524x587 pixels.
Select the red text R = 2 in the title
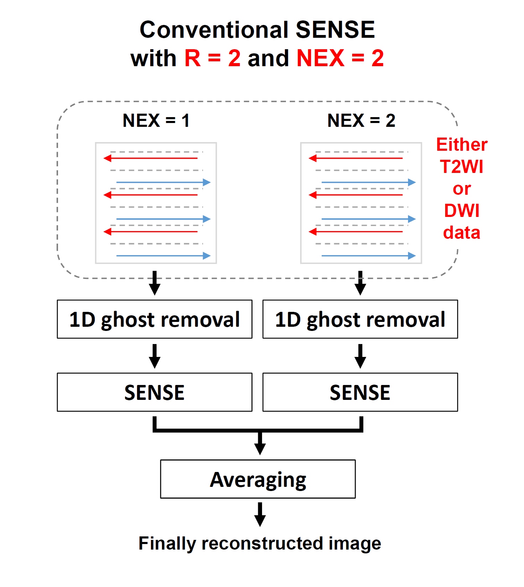click(212, 58)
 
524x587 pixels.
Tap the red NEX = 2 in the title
click(340, 58)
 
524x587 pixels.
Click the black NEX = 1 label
click(156, 121)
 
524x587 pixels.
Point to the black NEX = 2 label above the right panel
click(361, 121)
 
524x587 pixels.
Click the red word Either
click(462, 144)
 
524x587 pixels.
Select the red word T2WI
click(462, 167)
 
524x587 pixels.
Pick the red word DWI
click(462, 211)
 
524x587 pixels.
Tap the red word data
click(462, 233)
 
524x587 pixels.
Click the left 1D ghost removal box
click(154, 319)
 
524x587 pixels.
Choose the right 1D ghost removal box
click(360, 319)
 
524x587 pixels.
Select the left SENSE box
click(154, 392)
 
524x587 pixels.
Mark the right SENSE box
click(360, 392)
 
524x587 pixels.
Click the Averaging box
click(258, 479)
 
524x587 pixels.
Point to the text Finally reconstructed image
click(260, 543)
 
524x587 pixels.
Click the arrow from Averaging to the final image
click(260, 515)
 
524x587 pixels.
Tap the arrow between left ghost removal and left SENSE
click(155, 356)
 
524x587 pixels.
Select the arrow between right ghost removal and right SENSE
click(361, 356)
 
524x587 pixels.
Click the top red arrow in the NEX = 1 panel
click(151, 158)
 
